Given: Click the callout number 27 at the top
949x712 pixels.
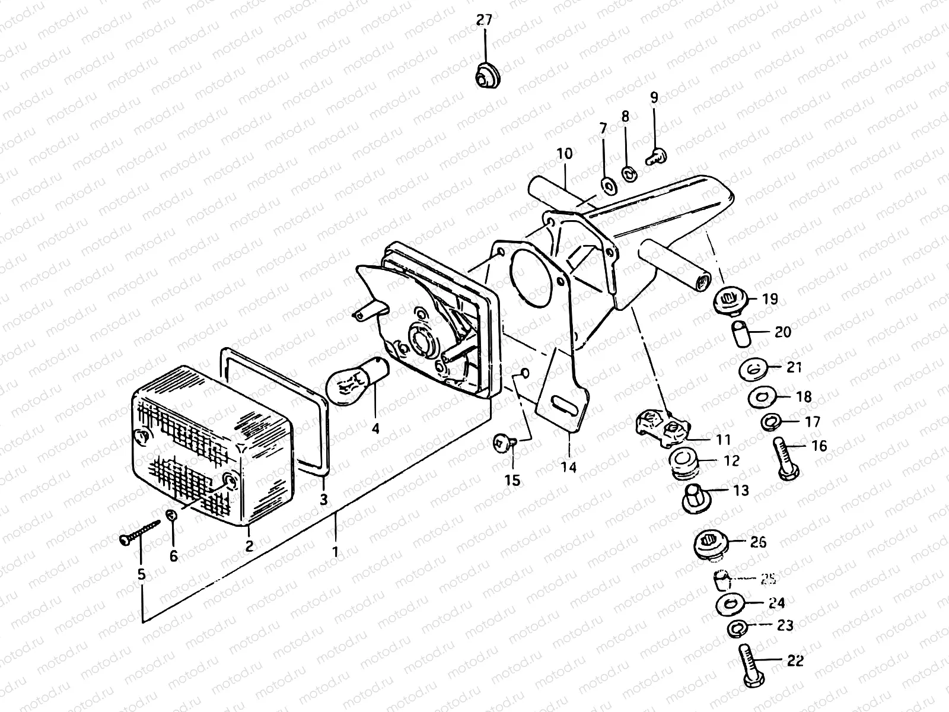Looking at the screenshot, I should [485, 21].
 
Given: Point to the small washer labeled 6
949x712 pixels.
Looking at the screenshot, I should [171, 514].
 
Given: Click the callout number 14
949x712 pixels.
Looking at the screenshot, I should [569, 468].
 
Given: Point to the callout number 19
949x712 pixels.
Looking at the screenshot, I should [770, 299].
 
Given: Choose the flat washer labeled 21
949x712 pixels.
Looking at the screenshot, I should [751, 369].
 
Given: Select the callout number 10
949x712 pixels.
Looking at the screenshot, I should [564, 154].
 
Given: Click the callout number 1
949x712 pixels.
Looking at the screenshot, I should [335, 552].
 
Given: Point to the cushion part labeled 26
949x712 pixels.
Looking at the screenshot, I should [708, 545].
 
